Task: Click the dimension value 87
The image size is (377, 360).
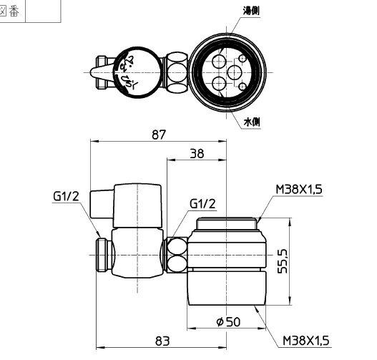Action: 159,134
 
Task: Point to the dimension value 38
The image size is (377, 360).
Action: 197,152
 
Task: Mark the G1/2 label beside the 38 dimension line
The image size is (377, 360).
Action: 202,204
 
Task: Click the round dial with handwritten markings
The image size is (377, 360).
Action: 131,69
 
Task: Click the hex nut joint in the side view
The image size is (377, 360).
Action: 176,254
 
